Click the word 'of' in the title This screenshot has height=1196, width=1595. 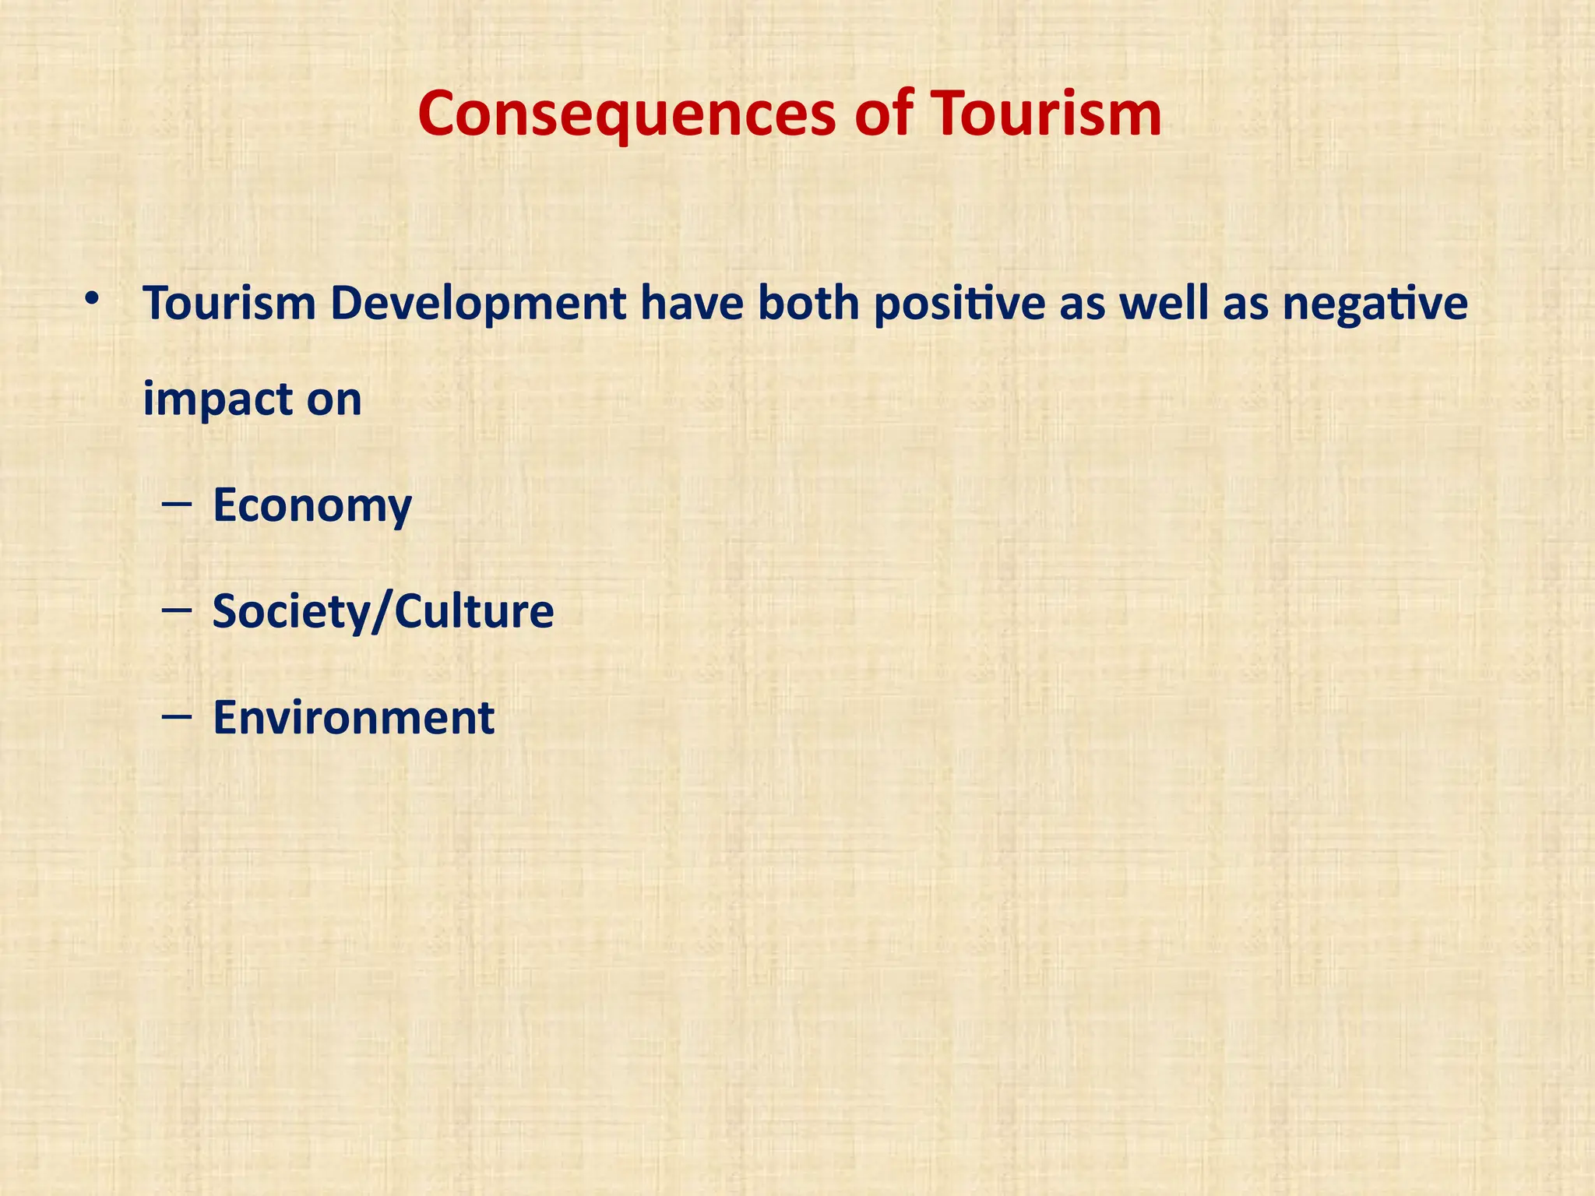point(883,114)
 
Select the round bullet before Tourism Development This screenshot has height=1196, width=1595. point(93,299)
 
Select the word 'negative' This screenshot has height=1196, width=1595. point(1375,305)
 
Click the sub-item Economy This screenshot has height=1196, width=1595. point(312,506)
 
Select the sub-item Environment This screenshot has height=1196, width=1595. point(354,717)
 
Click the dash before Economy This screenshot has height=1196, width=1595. point(178,506)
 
